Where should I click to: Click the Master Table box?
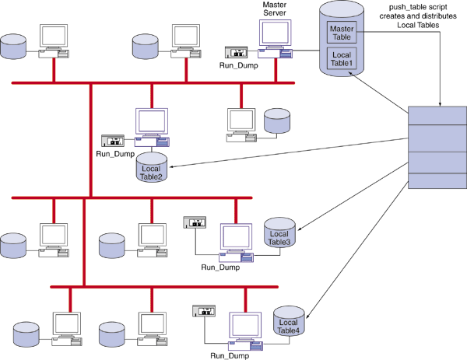pos(341,32)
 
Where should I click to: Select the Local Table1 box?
pos(341,58)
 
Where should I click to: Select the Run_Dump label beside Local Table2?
pos(115,154)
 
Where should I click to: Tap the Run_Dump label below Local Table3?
pos(220,267)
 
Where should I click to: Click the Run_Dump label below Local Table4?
pos(230,355)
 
